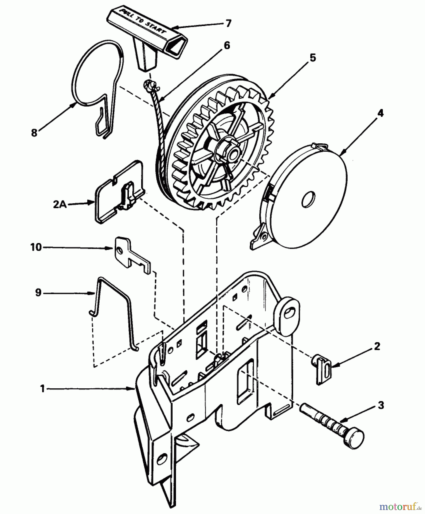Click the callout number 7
tap(228, 23)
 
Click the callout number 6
tap(227, 45)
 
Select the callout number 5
tap(313, 57)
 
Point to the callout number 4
tap(380, 113)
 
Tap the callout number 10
tap(36, 247)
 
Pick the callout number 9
tap(38, 293)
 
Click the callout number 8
tap(34, 133)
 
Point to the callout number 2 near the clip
tap(377, 346)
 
